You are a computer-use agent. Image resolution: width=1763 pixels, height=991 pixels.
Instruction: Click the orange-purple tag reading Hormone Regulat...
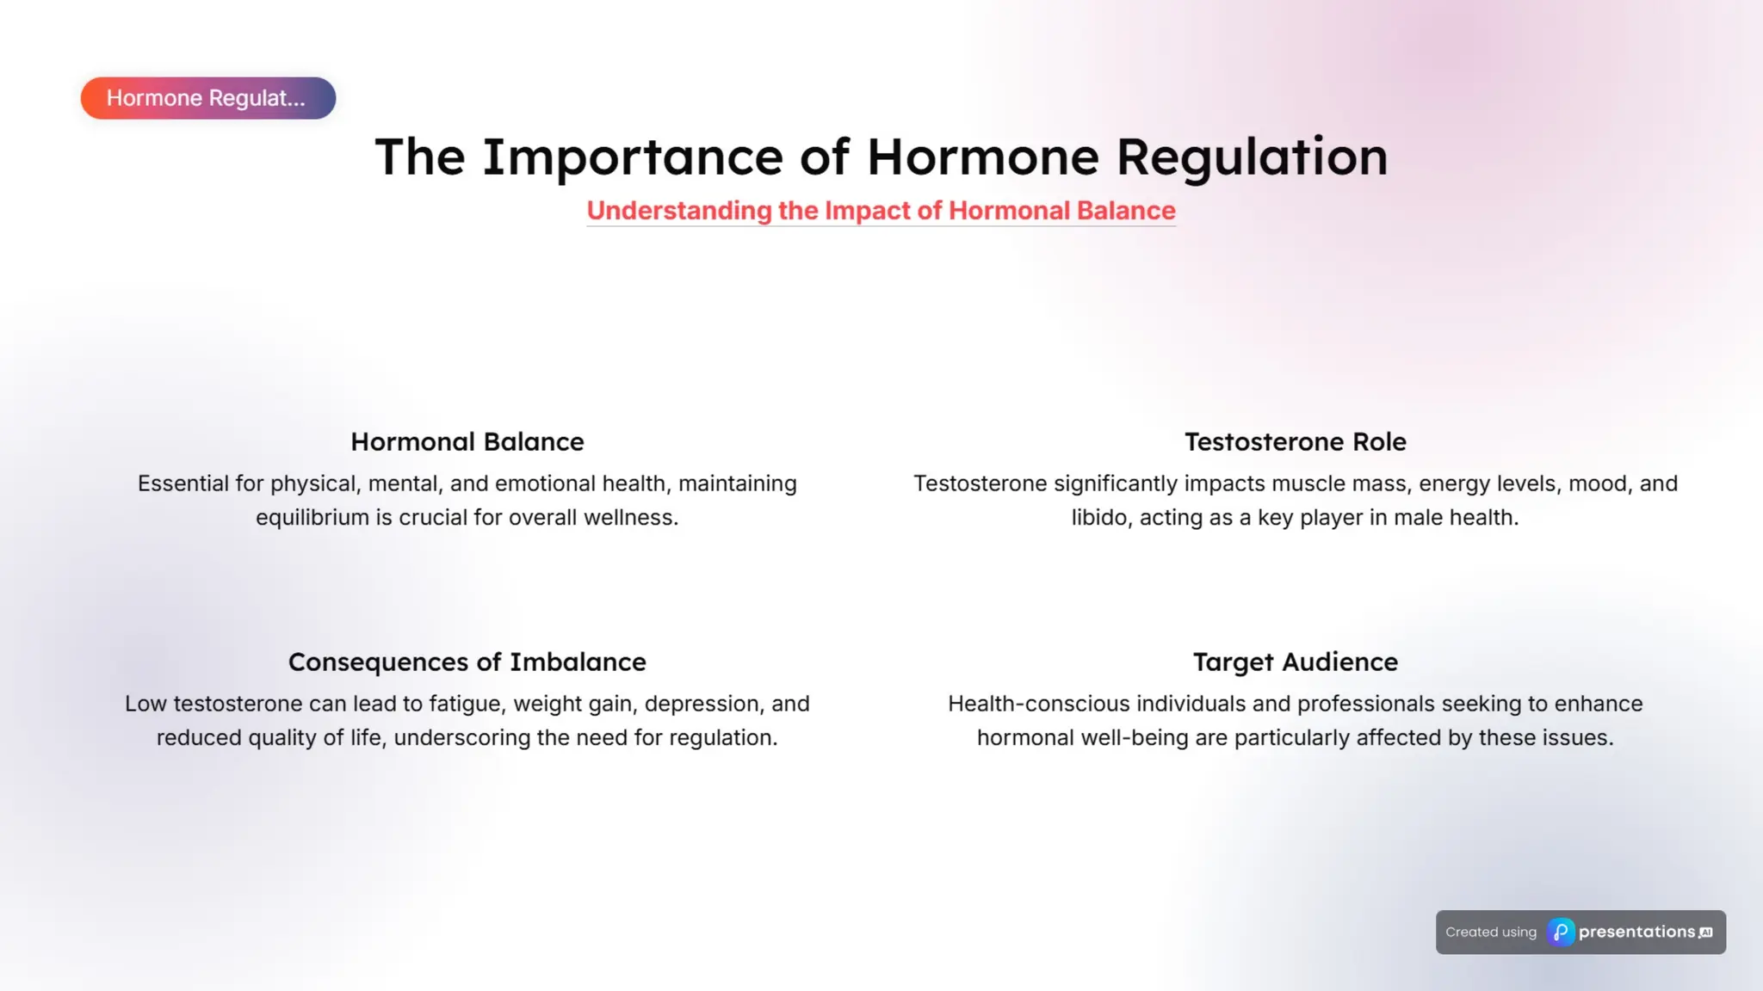[x=207, y=98]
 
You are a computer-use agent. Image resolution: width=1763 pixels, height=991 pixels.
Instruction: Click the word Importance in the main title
[x=633, y=157]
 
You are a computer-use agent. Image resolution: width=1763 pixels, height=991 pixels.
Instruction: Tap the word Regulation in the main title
[x=1252, y=157]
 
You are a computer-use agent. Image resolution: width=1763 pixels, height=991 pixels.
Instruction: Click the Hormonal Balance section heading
[x=467, y=442]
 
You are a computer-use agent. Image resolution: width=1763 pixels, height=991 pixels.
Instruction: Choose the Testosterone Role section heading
[x=1295, y=442]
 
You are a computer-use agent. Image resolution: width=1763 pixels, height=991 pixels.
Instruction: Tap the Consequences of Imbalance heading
[x=467, y=662]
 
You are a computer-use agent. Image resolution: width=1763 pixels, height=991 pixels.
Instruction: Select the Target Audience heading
[x=1295, y=662]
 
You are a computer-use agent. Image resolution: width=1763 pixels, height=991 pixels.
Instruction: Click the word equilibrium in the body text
[x=312, y=518]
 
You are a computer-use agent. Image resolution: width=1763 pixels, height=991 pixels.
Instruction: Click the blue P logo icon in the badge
[x=1561, y=933]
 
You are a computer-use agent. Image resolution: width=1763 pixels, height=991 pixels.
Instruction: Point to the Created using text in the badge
[x=1491, y=933]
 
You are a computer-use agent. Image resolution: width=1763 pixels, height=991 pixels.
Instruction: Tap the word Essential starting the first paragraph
[x=182, y=483]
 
